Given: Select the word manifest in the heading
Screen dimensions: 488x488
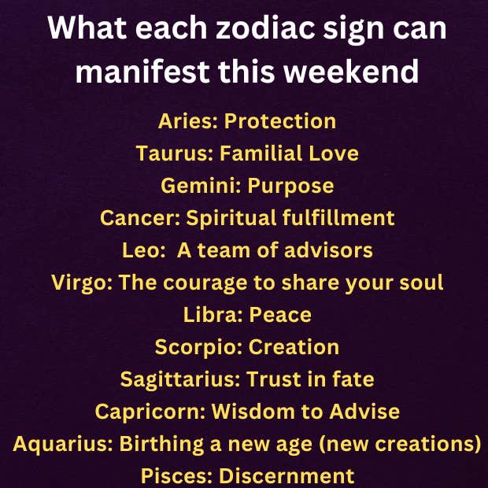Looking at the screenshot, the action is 142,71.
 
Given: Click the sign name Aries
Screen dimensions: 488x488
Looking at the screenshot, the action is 185,120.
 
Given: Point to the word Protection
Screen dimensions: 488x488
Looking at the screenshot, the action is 280,120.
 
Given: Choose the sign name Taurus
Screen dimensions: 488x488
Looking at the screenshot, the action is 172,153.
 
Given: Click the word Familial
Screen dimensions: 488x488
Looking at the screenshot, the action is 261,153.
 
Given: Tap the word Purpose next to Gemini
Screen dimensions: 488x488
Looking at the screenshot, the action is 290,186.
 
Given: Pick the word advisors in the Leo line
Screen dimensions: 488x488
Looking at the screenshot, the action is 328,250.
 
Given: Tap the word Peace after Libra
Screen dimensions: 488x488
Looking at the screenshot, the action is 280,315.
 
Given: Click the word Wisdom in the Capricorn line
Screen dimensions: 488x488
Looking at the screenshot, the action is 253,412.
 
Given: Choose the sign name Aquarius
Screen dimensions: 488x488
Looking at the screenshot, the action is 60,444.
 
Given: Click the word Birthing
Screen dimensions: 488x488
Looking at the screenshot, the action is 161,444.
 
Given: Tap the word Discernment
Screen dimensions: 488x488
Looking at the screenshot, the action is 287,476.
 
